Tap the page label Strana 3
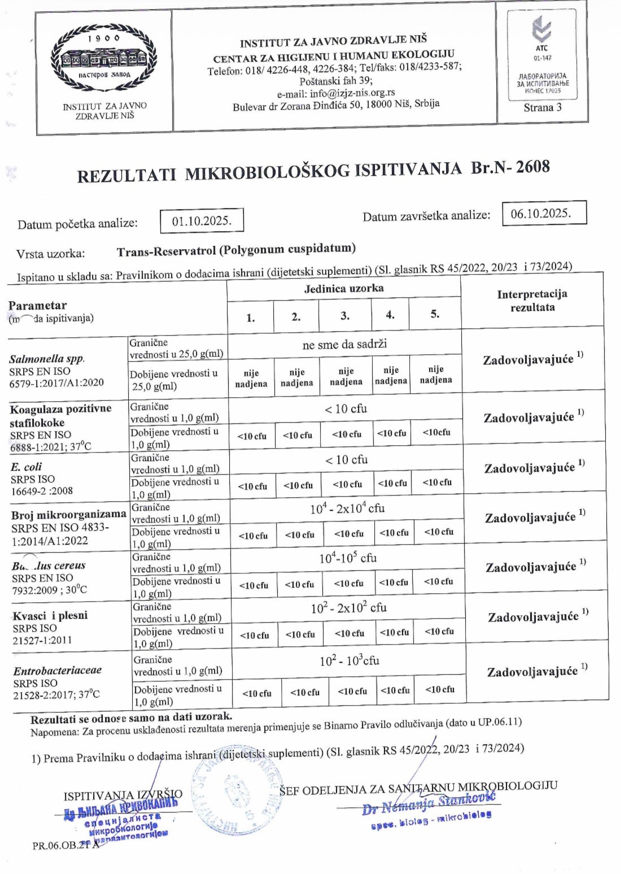[x=542, y=107]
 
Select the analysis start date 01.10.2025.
[x=202, y=221]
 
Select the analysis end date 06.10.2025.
[x=544, y=213]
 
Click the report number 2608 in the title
[x=532, y=167]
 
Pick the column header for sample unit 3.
[x=344, y=315]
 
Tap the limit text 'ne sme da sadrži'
[x=344, y=345]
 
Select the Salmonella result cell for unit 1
[x=251, y=378]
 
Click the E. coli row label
[x=26, y=467]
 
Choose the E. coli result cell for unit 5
[x=437, y=482]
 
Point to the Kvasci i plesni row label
[x=50, y=615]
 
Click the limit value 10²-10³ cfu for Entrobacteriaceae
[x=349, y=660]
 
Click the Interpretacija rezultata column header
[x=532, y=301]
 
